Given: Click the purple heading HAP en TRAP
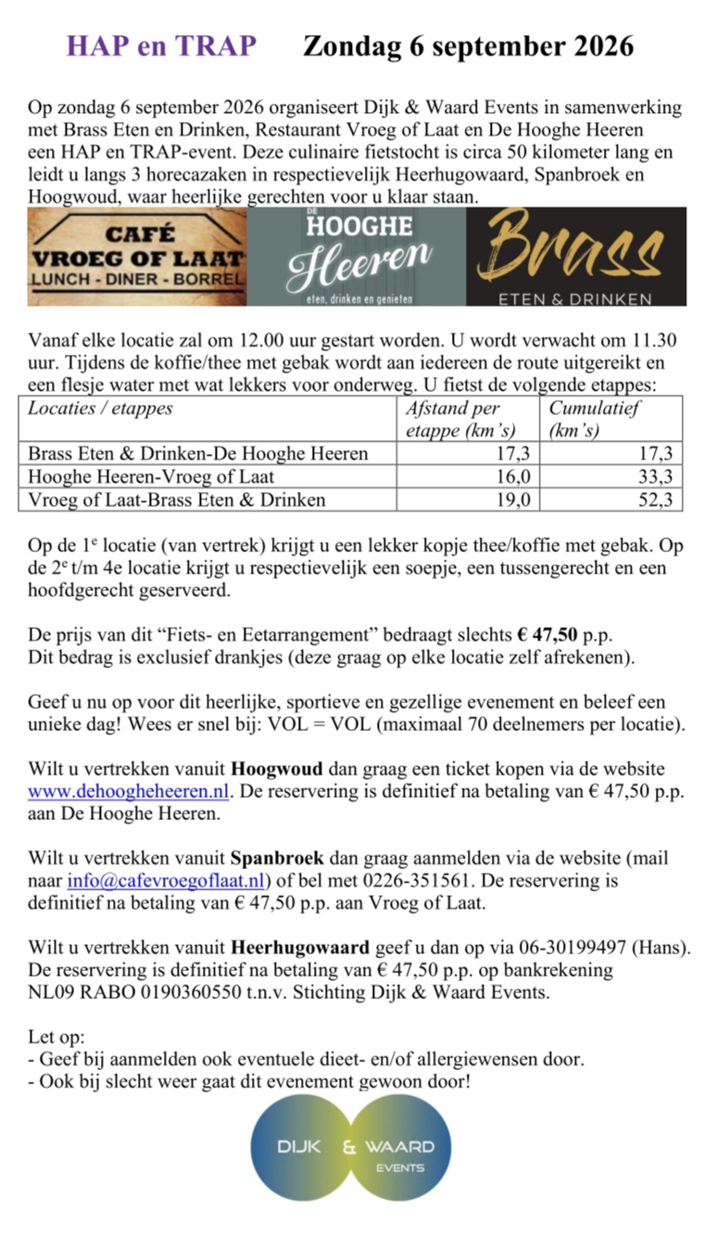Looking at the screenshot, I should (160, 46).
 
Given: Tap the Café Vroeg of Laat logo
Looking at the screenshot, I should (137, 257).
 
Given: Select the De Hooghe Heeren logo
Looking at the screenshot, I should (357, 257).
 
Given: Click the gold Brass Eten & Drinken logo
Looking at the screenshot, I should (575, 257).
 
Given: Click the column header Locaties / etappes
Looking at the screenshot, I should (101, 409).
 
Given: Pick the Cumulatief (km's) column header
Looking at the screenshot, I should (594, 419).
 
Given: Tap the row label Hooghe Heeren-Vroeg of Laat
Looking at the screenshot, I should (151, 477).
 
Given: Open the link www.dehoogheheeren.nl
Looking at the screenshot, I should (130, 792).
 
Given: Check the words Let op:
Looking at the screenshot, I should (57, 1036).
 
